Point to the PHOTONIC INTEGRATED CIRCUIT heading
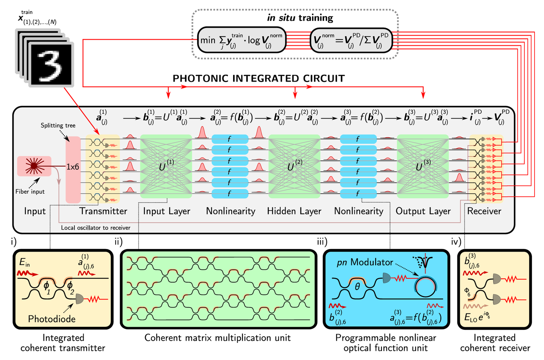[x=259, y=79]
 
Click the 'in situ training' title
[x=300, y=18]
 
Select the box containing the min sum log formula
[x=242, y=40]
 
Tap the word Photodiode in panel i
[x=52, y=319]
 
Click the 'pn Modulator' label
[x=365, y=262]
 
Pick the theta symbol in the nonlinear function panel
[x=357, y=287]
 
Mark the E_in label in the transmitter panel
[x=25, y=262]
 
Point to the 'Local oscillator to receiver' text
[x=96, y=228]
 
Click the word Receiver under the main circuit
[x=484, y=211]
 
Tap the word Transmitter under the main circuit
[x=103, y=211]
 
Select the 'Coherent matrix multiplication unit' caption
[x=218, y=338]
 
